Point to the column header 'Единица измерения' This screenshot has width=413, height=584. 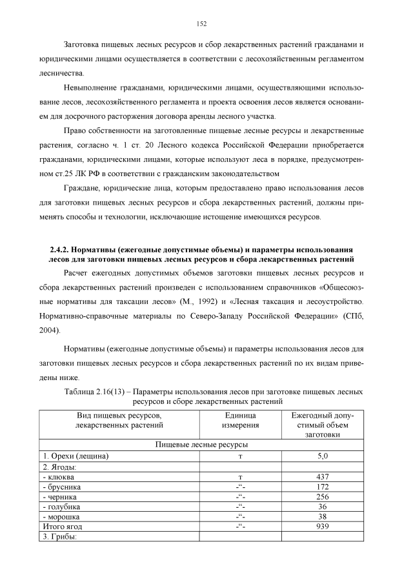click(x=240, y=421)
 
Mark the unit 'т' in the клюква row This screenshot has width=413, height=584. click(x=240, y=477)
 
